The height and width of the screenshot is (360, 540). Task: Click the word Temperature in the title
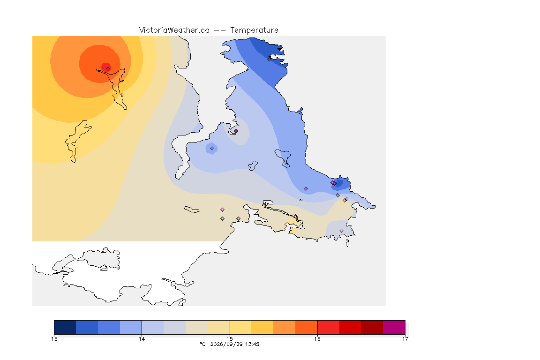point(254,30)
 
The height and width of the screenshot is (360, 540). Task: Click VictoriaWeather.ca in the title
point(174,30)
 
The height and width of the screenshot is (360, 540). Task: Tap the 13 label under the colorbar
point(54,339)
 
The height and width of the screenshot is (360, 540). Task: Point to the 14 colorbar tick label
point(142,339)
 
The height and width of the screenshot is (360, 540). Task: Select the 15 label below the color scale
point(230,339)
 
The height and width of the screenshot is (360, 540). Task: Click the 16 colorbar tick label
point(317,339)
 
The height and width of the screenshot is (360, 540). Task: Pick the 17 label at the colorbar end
point(405,339)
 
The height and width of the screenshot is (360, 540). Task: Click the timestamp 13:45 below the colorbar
point(252,344)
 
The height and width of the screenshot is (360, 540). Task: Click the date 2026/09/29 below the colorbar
point(226,344)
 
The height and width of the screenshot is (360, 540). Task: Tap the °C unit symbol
point(202,344)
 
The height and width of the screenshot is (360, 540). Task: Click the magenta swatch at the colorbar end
point(394,327)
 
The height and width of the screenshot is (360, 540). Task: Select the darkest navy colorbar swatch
point(65,327)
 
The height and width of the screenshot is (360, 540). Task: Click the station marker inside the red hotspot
point(108,68)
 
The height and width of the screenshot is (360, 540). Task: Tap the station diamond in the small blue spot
point(212,149)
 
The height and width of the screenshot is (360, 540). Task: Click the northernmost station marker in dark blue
point(270,59)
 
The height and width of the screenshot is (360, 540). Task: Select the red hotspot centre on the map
point(106,67)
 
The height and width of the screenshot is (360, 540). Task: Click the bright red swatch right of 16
point(328,327)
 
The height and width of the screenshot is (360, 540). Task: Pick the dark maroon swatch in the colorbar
point(372,327)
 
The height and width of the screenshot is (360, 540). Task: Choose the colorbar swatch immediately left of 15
point(219,327)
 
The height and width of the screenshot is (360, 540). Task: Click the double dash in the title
point(220,30)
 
